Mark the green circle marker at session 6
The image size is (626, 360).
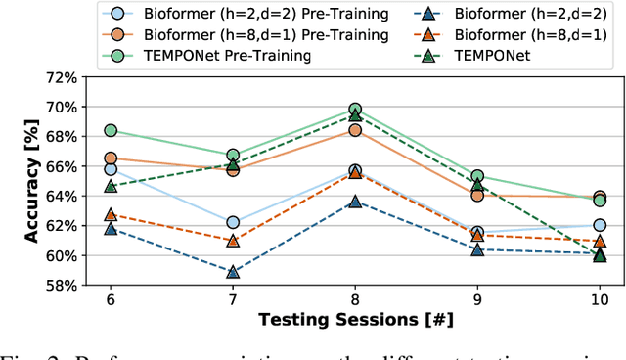(x=111, y=130)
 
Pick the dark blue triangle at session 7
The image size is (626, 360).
(x=233, y=272)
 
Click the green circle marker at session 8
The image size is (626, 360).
(x=355, y=110)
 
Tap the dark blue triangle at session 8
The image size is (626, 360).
(x=355, y=202)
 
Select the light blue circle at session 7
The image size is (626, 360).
(x=233, y=223)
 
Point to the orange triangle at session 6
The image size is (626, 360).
(x=111, y=214)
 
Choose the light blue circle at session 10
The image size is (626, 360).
(x=600, y=225)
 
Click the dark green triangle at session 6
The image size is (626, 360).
(x=111, y=186)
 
